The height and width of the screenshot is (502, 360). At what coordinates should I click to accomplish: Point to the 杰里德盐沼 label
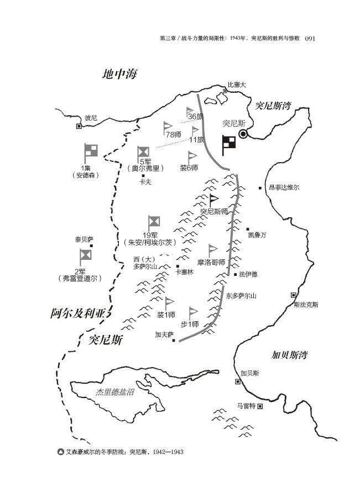(x=115, y=392)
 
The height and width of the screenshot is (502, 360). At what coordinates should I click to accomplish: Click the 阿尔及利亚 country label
(x=77, y=313)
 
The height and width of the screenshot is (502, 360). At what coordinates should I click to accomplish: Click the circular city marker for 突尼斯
(x=243, y=134)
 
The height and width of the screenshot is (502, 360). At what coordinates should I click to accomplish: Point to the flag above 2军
(x=85, y=257)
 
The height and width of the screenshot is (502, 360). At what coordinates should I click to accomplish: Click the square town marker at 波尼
(x=79, y=126)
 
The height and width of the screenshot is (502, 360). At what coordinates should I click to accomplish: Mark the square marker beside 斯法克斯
(x=294, y=295)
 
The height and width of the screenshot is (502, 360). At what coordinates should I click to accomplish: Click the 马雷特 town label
(x=246, y=406)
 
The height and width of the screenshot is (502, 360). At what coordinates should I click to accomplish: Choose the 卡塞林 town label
(x=184, y=271)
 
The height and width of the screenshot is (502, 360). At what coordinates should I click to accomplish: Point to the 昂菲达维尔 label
(x=284, y=188)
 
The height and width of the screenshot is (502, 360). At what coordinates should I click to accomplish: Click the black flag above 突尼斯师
(x=213, y=200)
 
